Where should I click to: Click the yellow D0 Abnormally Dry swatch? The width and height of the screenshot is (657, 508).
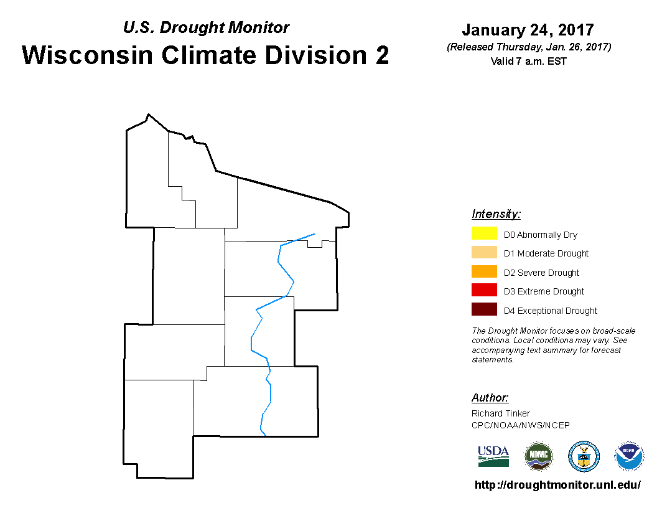[484, 233]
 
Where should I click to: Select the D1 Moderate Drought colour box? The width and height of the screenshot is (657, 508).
[484, 252]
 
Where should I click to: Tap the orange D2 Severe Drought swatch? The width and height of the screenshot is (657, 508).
[484, 271]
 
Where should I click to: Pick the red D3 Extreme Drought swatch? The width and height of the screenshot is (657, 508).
[484, 290]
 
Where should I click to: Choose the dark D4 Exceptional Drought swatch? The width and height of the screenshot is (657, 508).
[484, 309]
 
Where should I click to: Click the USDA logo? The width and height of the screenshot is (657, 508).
[493, 456]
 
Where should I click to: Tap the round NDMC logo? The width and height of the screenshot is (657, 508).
[539, 456]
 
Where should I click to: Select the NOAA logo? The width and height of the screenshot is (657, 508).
[629, 456]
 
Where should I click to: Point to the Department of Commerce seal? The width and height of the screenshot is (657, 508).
[584, 456]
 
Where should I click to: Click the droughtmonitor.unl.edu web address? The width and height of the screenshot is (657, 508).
[557, 485]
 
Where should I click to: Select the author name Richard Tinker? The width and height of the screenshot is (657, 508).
[501, 413]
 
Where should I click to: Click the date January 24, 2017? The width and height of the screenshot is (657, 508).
[528, 30]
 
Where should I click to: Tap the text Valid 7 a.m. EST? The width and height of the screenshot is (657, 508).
[528, 61]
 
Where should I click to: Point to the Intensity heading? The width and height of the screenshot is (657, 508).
[496, 214]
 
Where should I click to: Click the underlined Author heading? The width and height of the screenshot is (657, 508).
[490, 397]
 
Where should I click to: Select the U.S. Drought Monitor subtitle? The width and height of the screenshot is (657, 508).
[206, 27]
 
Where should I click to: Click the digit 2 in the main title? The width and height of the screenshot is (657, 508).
[382, 55]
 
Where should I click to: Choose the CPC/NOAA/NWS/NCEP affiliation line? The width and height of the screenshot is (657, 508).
[520, 425]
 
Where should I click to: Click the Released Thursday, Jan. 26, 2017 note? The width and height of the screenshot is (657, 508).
[529, 47]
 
